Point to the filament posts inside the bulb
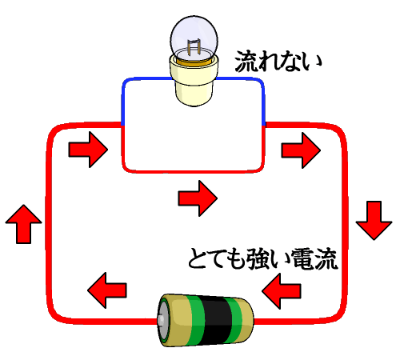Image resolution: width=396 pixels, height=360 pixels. pyautogui.click(x=194, y=47)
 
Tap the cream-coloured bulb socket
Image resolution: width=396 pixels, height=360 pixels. pyautogui.click(x=194, y=80)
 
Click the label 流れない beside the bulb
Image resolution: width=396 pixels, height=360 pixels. pyautogui.click(x=278, y=62)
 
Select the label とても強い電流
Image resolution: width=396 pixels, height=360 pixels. pyautogui.click(x=263, y=258)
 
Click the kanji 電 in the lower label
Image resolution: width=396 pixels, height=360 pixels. pyautogui.click(x=302, y=258)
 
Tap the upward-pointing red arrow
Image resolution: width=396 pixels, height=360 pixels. pyautogui.click(x=23, y=224)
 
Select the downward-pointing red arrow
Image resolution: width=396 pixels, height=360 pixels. pyautogui.click(x=374, y=221)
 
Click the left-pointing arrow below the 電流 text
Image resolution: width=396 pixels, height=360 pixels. pyautogui.click(x=282, y=291)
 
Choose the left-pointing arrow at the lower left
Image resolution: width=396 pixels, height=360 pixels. pyautogui.click(x=107, y=290)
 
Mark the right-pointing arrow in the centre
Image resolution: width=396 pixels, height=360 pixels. pyautogui.click(x=198, y=198)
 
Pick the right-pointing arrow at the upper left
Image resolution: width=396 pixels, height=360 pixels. pyautogui.click(x=88, y=150)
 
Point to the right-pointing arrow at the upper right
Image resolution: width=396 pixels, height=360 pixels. pyautogui.click(x=301, y=150)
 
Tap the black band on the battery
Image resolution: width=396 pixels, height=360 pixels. pyautogui.click(x=215, y=320)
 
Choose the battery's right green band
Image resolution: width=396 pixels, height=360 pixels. pyautogui.click(x=234, y=320)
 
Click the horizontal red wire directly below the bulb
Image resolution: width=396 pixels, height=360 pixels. pyautogui.click(x=194, y=172)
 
